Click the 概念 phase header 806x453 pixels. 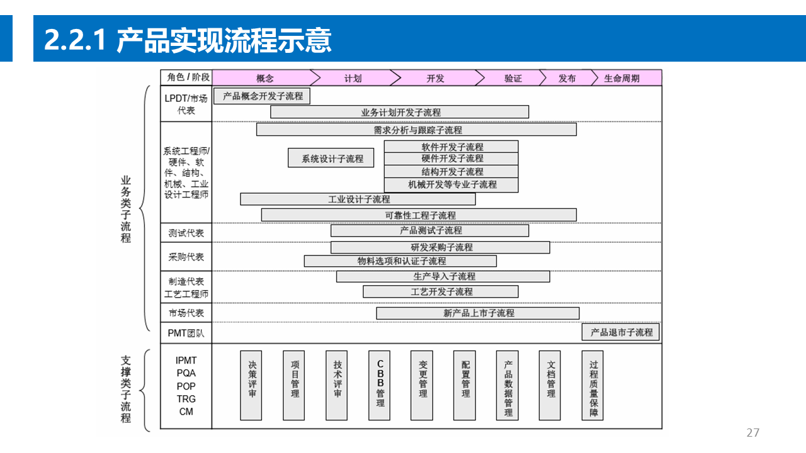coord(264,78)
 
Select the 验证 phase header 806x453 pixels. coord(513,78)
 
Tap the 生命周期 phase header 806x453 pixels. coord(622,78)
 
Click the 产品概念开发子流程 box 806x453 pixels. coord(263,96)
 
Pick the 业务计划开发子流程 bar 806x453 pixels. coord(400,112)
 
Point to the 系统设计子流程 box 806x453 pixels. coord(331,159)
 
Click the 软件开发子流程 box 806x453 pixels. coord(451,147)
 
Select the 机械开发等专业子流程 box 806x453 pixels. coord(451,185)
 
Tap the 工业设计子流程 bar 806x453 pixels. coord(358,199)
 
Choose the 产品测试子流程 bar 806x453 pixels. coord(430,231)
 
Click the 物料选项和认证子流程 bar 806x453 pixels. coord(400,261)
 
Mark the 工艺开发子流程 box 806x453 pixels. coord(441,292)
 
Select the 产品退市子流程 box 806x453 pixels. coord(621,332)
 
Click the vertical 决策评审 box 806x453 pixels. coord(251,386)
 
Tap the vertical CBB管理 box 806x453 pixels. coord(380,386)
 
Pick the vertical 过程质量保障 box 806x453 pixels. coord(593,386)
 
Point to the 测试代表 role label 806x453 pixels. coord(186,233)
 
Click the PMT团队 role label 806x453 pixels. coord(186,333)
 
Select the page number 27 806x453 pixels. coord(752,433)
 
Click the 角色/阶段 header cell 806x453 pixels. coord(186,77)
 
